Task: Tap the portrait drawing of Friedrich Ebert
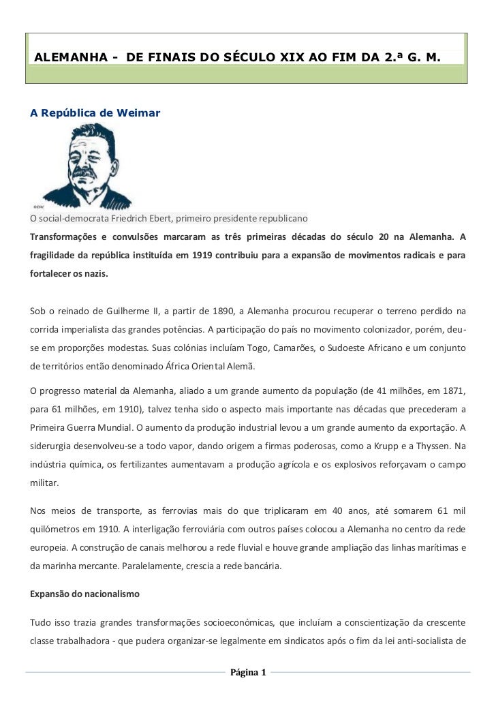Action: [x=82, y=168]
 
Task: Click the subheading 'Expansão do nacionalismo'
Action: [x=84, y=594]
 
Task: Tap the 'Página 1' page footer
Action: [x=248, y=673]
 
